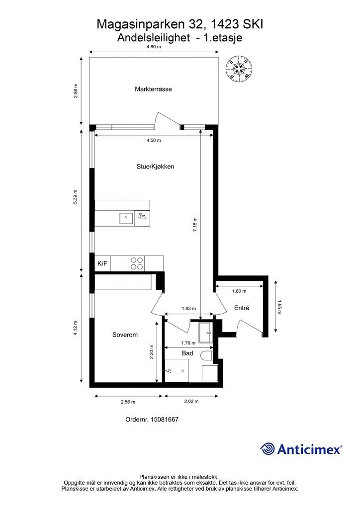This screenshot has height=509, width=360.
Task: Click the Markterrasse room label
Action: tap(153, 89)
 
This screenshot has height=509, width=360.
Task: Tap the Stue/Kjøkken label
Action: tap(156, 167)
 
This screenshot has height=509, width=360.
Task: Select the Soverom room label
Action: tap(125, 335)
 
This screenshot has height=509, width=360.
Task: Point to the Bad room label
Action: tap(187, 353)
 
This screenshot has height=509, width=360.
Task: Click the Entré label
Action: tap(242, 308)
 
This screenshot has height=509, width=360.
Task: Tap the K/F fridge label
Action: tap(102, 263)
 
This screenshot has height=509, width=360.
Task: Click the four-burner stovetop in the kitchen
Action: tap(137, 263)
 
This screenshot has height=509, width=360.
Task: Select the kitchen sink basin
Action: tap(126, 218)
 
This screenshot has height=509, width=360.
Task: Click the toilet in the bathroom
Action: tap(207, 356)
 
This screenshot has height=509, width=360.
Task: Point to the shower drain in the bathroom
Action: tap(182, 370)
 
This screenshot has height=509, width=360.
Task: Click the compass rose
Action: tap(239, 68)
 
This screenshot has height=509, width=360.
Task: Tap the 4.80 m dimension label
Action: tap(154, 46)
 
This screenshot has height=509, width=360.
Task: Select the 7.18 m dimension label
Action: tap(195, 224)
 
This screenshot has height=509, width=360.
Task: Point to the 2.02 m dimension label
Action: tap(191, 401)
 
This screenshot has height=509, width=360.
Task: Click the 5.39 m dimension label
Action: tap(75, 197)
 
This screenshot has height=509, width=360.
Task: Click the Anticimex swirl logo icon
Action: tap(267, 449)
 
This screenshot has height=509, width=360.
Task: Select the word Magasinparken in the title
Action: tap(141, 25)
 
